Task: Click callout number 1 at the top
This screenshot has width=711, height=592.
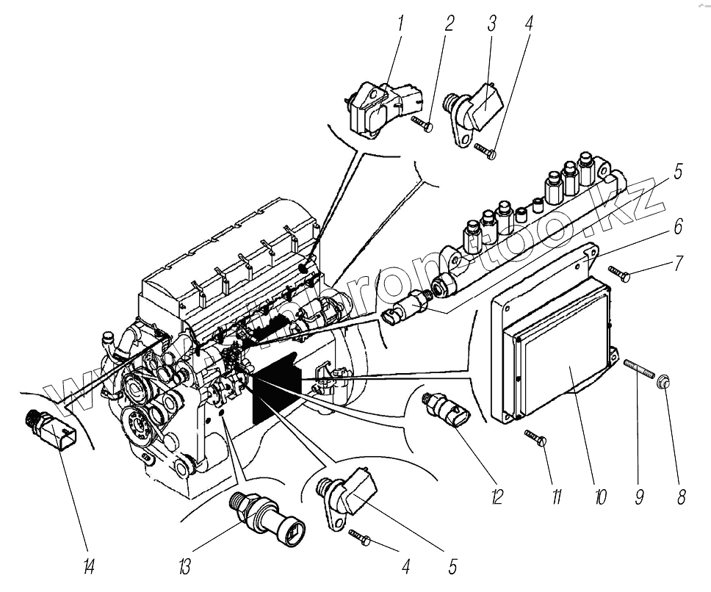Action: pos(401,24)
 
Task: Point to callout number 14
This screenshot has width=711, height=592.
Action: pos(90,567)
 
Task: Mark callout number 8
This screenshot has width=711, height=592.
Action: pos(681,497)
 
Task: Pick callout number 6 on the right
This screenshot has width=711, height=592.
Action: pos(677,227)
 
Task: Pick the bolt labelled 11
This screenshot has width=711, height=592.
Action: pos(535,438)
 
